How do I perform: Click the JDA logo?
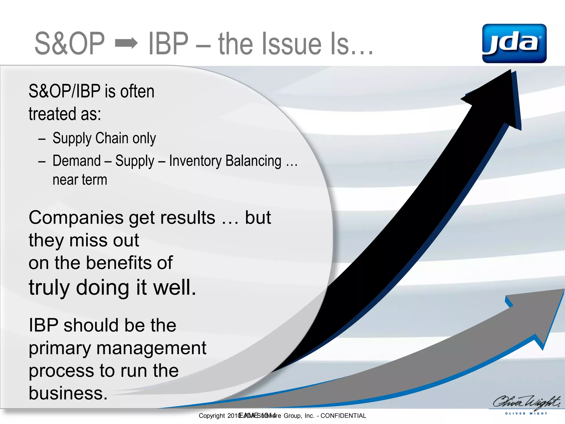[514, 43]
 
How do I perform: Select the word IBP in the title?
[168, 43]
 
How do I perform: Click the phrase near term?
[80, 180]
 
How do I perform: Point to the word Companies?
[76, 218]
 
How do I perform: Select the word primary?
[60, 348]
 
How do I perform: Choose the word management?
[151, 348]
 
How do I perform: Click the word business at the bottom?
[68, 393]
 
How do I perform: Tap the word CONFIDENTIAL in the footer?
[343, 416]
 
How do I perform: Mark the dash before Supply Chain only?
[42, 139]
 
